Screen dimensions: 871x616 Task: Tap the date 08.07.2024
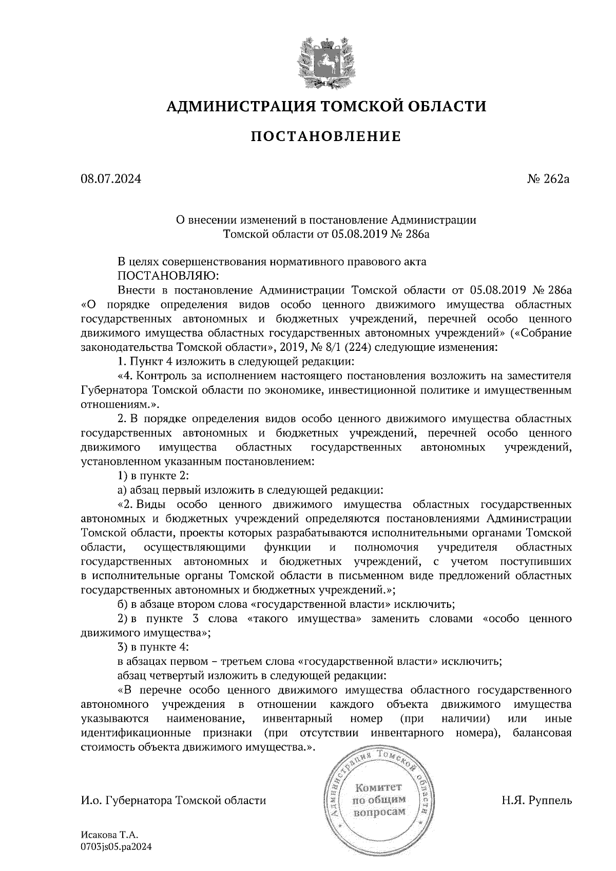(x=110, y=179)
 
